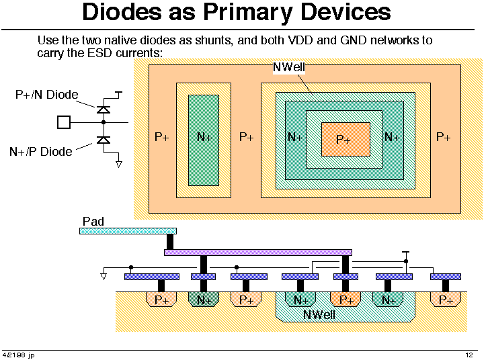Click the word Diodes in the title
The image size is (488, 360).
click(122, 12)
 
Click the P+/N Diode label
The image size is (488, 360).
click(46, 95)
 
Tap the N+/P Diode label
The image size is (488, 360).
click(41, 152)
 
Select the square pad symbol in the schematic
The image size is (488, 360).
click(64, 122)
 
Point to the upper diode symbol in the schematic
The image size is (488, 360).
click(104, 109)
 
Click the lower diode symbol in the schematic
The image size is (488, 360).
click(104, 140)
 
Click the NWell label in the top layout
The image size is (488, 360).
click(289, 67)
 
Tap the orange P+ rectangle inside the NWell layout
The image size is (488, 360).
click(345, 139)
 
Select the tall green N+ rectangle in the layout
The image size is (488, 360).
click(204, 140)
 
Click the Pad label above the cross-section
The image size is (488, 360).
click(93, 222)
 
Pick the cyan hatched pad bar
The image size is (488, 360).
click(128, 231)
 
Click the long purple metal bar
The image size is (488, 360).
click(258, 253)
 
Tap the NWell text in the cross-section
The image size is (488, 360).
click(319, 315)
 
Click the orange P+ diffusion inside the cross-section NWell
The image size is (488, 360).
click(345, 300)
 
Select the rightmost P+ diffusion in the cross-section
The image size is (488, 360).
click(446, 300)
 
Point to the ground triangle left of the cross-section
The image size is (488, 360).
click(104, 276)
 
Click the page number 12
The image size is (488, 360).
click(469, 355)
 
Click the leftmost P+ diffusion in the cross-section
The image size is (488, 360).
click(161, 300)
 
